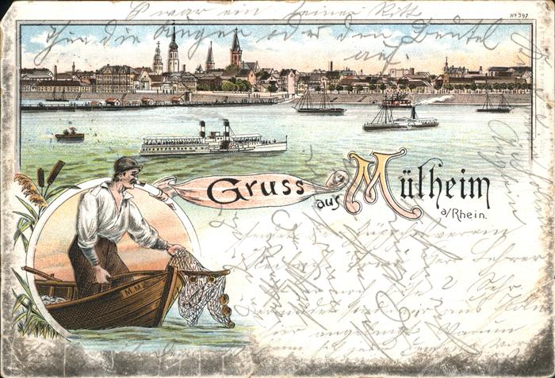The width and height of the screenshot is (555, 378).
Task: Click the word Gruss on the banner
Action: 256,190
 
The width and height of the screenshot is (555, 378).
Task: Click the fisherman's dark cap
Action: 124,165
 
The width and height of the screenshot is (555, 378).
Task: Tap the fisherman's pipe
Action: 143,184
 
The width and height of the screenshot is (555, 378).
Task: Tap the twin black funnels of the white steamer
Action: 214,128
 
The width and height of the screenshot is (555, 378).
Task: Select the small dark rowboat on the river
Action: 70,136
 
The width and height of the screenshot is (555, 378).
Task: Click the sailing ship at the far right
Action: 494,105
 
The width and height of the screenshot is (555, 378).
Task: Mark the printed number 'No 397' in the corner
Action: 519,15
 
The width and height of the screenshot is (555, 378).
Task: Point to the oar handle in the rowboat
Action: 36,273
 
